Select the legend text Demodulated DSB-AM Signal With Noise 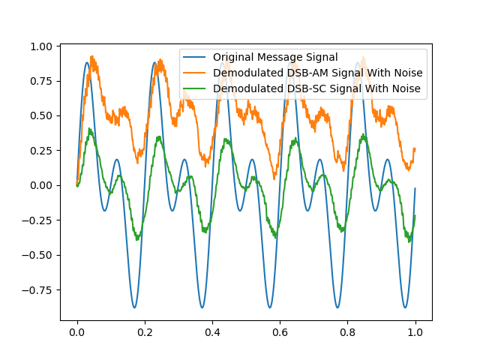(x=317, y=73)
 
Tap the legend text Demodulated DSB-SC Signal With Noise (x=316, y=89)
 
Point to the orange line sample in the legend (x=196, y=73)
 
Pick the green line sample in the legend (x=196, y=89)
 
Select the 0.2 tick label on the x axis (x=145, y=331)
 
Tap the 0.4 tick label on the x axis (x=212, y=331)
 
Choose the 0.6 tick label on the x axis (x=280, y=331)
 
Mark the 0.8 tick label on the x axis (x=347, y=331)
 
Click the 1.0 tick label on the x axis (x=415, y=331)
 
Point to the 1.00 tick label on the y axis (x=42, y=46)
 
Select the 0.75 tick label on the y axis (x=42, y=81)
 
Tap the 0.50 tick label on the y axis (x=42, y=115)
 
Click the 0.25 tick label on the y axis (x=42, y=151)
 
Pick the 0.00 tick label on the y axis (x=42, y=185)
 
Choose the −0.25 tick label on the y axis (x=38, y=220)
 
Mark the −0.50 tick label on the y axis (x=38, y=255)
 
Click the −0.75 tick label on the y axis (x=38, y=289)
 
